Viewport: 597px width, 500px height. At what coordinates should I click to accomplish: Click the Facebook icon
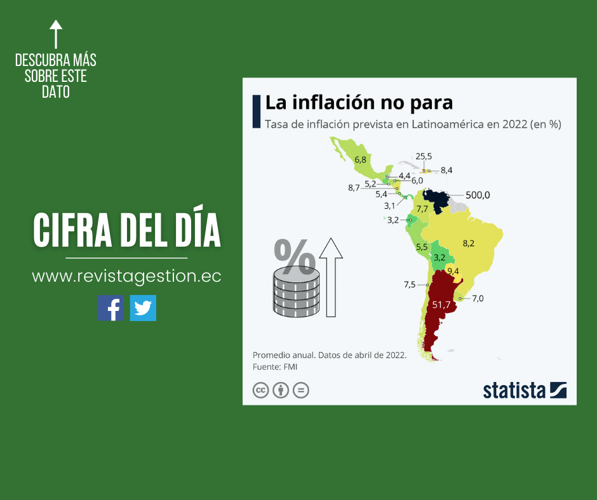111,308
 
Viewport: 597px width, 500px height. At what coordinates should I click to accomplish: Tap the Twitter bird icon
143,308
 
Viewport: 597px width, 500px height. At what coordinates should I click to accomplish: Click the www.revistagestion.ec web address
126,276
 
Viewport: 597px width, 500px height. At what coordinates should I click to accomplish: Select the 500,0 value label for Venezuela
478,195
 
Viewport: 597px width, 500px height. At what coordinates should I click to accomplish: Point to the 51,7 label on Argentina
441,305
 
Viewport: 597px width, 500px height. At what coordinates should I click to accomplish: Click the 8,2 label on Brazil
468,244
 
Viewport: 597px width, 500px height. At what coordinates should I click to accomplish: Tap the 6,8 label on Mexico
360,159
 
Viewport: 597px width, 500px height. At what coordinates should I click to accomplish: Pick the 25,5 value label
424,156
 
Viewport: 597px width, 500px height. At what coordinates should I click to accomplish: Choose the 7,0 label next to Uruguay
478,298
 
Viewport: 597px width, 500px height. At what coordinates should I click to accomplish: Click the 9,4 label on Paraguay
453,272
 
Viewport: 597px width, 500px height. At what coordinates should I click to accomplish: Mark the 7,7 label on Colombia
422,209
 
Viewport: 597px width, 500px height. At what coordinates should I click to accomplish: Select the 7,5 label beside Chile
410,285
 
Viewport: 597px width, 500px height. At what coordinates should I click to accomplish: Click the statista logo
525,390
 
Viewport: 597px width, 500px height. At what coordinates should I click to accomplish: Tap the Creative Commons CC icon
261,390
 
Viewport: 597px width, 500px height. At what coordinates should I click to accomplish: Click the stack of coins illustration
297,293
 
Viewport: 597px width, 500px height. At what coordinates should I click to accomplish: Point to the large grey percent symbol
295,256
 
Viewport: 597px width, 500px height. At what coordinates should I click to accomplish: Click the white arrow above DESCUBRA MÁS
56,34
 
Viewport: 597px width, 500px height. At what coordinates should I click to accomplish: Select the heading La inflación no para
359,103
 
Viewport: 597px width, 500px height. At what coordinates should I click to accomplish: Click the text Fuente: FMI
275,367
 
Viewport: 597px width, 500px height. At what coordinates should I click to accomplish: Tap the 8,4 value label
446,170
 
